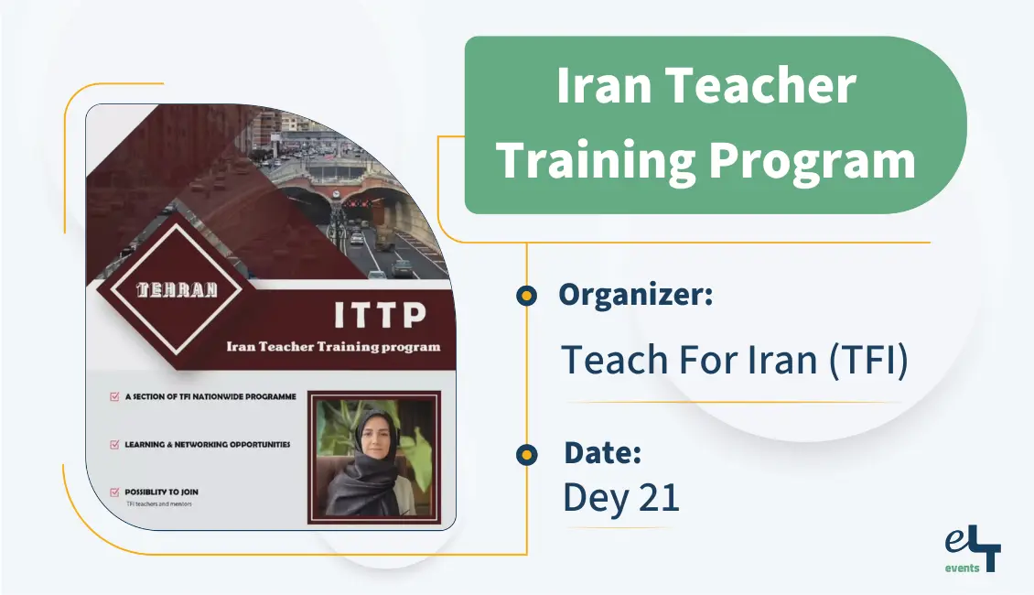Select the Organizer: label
pyautogui.click(x=635, y=295)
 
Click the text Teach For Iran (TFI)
pyautogui.click(x=735, y=360)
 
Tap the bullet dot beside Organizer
pyautogui.click(x=526, y=296)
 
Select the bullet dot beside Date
pyautogui.click(x=526, y=454)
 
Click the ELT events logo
pyautogui.click(x=973, y=550)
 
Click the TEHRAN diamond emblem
pyautogui.click(x=177, y=290)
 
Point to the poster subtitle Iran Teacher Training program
pyautogui.click(x=333, y=347)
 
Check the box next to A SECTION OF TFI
pyautogui.click(x=114, y=397)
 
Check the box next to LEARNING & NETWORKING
pyautogui.click(x=114, y=445)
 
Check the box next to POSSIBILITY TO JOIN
pyautogui.click(x=114, y=492)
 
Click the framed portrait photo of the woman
pyautogui.click(x=373, y=457)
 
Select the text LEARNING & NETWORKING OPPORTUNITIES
pyautogui.click(x=208, y=445)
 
